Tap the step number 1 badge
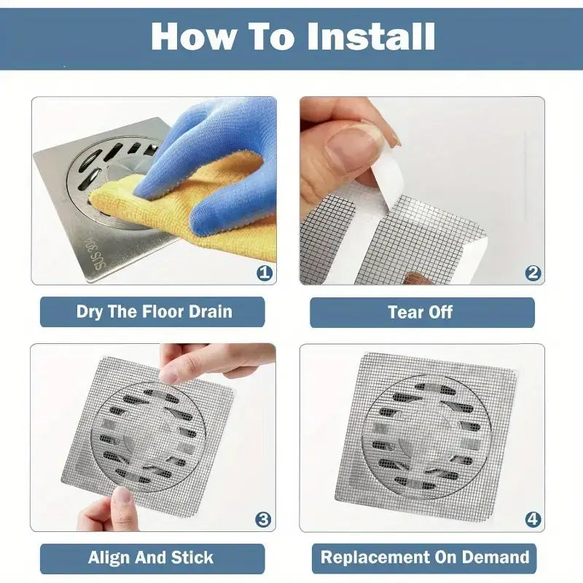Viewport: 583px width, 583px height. coord(265,273)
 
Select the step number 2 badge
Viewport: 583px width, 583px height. coord(533,273)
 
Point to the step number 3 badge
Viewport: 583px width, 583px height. coord(263,520)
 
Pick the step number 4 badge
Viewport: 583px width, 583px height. coord(533,520)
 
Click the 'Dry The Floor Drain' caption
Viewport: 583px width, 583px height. coord(154,312)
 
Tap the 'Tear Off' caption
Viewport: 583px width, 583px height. coord(420,312)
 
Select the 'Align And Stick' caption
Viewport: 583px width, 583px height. coord(151,557)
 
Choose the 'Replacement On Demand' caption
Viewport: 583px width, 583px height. coord(425,557)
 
